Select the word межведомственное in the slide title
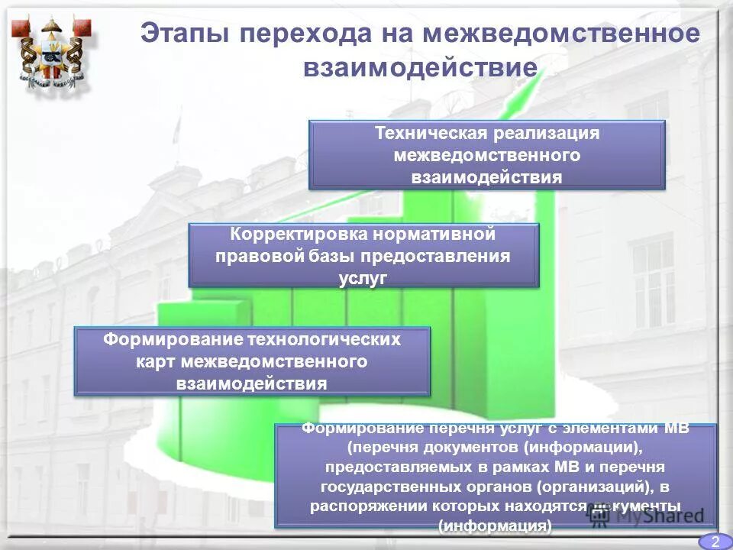point(561,34)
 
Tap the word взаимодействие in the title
point(420,67)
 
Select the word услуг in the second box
point(363,278)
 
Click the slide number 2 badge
point(715,542)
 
